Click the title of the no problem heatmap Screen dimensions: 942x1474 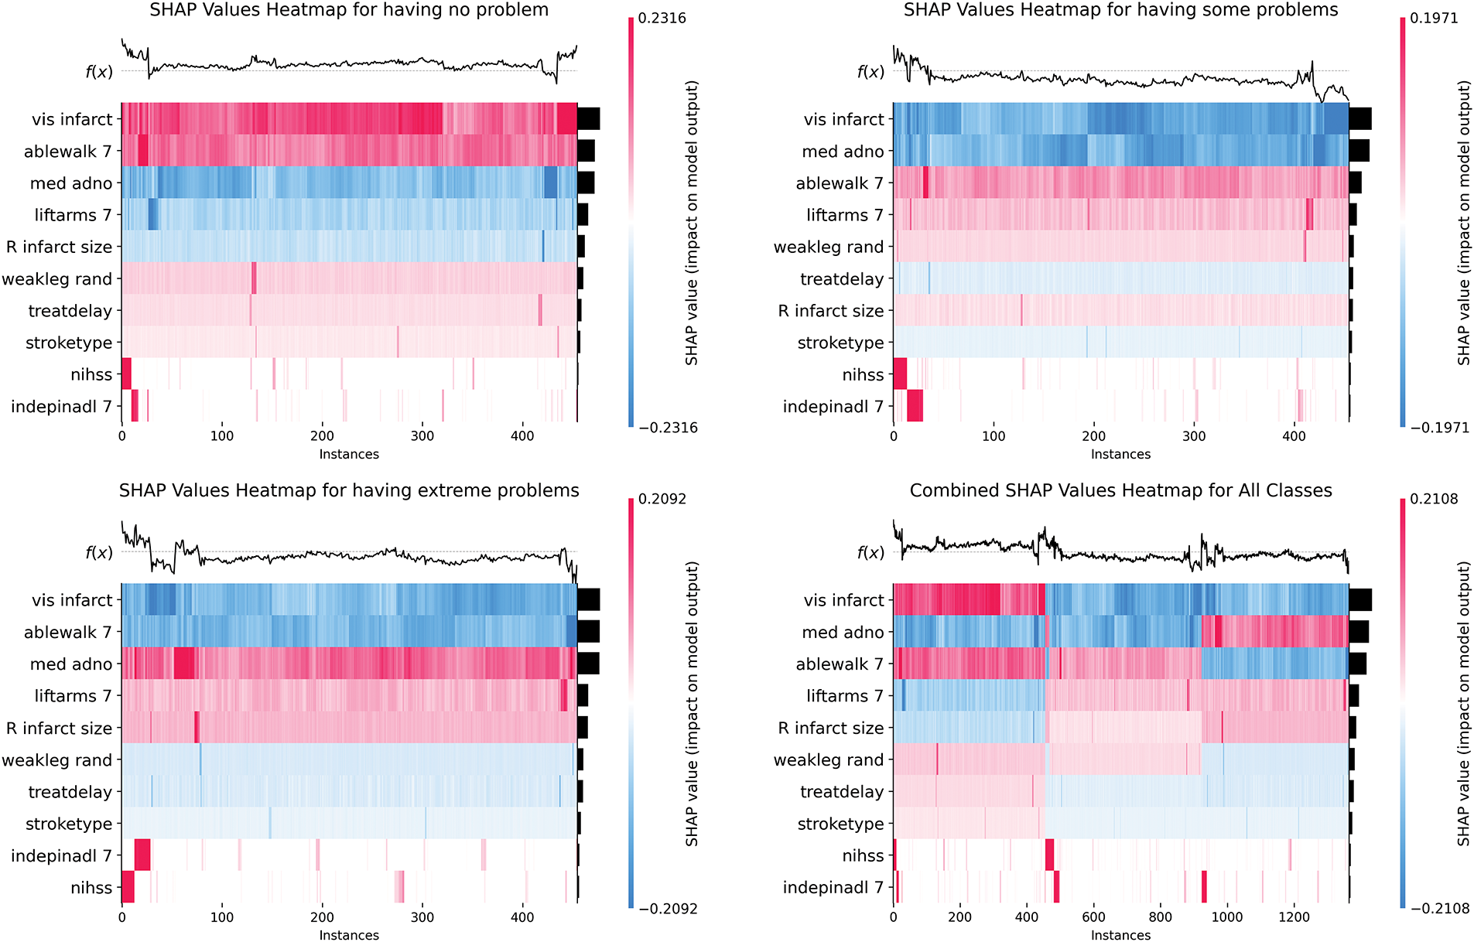[x=349, y=10]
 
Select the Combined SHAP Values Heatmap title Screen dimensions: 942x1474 [x=1120, y=490]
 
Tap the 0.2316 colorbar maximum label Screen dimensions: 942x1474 [x=662, y=19]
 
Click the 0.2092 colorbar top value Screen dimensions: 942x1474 [x=662, y=499]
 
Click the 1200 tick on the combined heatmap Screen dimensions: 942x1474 [x=1294, y=917]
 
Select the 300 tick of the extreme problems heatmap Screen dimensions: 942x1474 [x=422, y=917]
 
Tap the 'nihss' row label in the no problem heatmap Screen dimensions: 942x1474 [x=91, y=375]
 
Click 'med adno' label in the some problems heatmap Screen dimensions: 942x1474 [x=843, y=152]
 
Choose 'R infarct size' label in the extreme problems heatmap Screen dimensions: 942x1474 [x=60, y=728]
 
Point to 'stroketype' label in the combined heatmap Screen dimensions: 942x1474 [x=840, y=824]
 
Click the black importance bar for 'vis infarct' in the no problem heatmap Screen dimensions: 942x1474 [x=589, y=119]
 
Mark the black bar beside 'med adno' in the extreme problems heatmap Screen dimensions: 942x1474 [x=588, y=664]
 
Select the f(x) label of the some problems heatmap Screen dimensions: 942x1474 [x=870, y=72]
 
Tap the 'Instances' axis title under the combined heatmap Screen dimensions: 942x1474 [x=1120, y=935]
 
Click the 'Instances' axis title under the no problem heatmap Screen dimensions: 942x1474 [x=349, y=454]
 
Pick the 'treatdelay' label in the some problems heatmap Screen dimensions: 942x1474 [x=842, y=279]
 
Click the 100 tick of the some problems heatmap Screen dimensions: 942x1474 [x=993, y=436]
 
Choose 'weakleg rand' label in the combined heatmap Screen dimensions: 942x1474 [x=829, y=760]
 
